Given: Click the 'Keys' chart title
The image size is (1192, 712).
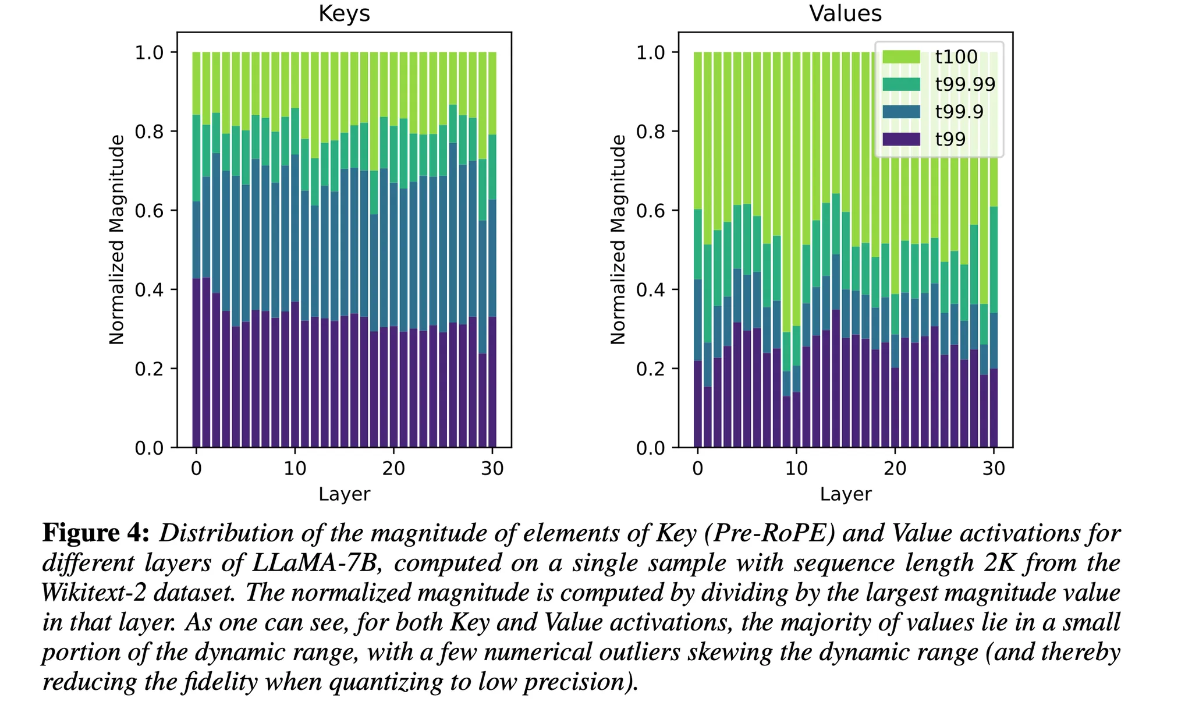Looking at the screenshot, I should [x=344, y=13].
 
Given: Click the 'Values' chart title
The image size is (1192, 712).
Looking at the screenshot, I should [x=845, y=13].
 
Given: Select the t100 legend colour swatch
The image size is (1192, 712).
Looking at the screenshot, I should [x=901, y=57].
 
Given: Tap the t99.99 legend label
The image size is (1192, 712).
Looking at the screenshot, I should [x=966, y=84].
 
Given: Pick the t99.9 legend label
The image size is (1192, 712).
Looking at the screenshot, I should [x=959, y=112].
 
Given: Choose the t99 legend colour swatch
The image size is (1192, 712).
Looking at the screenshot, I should [x=901, y=139].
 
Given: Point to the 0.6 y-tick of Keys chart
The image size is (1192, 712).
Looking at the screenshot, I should [x=149, y=211].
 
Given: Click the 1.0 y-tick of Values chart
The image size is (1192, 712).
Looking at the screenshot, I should [x=651, y=53].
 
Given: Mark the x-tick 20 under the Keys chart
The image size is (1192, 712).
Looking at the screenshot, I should [x=394, y=469].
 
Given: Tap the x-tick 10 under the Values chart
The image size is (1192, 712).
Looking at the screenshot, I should [x=797, y=469].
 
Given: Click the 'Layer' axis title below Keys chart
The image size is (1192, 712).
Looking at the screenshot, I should [x=344, y=494].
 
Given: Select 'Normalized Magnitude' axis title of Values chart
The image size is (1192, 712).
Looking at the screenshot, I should [x=618, y=240].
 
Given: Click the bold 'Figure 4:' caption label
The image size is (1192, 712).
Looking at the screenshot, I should [x=96, y=533].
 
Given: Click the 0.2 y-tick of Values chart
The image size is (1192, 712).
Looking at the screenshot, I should [x=651, y=369].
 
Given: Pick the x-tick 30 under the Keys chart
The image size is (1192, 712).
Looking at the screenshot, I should [x=492, y=469].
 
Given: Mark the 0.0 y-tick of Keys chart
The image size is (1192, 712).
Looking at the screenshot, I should [x=149, y=448].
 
